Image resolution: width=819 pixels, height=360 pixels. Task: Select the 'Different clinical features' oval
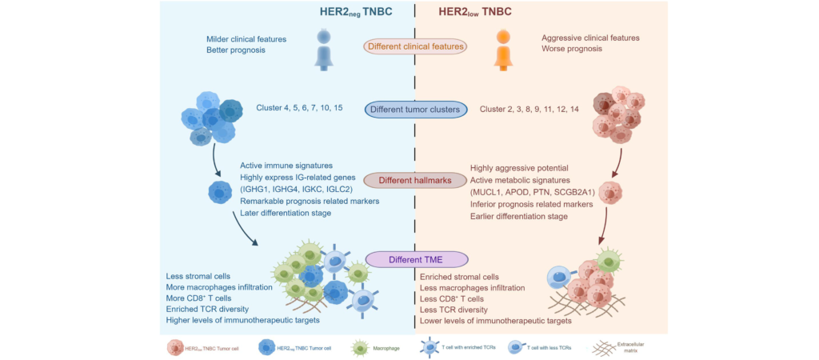(x=416, y=46)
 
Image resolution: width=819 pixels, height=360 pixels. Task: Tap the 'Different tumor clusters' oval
(x=416, y=109)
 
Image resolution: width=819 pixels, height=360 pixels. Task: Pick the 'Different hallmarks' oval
(x=416, y=180)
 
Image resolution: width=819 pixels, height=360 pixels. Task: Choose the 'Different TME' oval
(x=415, y=258)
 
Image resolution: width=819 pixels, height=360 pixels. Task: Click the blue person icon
(x=323, y=48)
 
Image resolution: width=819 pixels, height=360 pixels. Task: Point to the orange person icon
(x=502, y=48)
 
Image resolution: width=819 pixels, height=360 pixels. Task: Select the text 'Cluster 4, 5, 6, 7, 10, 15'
(x=300, y=108)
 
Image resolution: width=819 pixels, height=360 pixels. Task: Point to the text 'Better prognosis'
(x=235, y=50)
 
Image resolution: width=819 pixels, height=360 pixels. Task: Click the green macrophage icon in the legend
(x=360, y=346)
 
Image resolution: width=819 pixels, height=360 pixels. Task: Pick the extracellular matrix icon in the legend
(x=608, y=346)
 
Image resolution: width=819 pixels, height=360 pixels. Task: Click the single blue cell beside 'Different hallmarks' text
(x=220, y=193)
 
